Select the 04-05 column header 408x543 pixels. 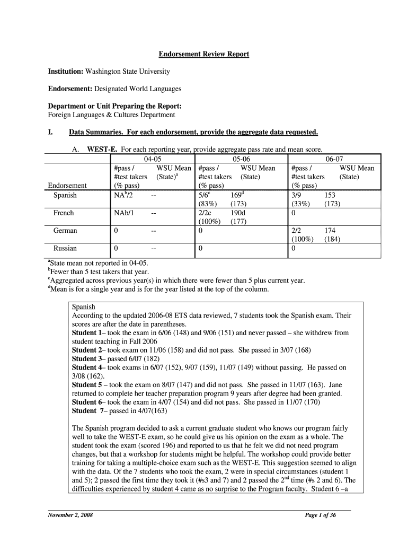click(x=152, y=159)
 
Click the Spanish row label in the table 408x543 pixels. click(x=65, y=195)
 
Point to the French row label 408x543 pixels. click(x=64, y=213)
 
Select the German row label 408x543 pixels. click(x=65, y=231)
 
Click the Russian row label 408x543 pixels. click(x=65, y=248)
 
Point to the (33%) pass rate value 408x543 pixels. click(x=301, y=204)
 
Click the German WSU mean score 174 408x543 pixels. click(x=330, y=231)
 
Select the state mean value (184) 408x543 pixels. click(x=332, y=239)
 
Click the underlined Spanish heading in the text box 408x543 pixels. click(x=83, y=306)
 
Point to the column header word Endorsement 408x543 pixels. click(x=67, y=186)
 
